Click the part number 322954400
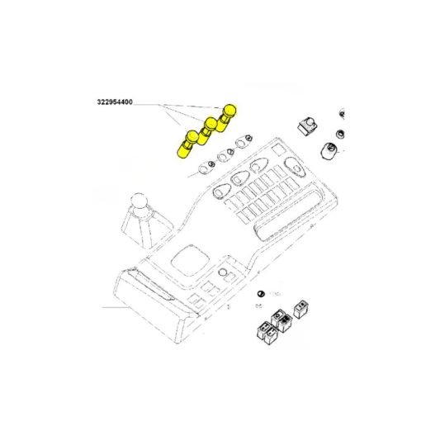tap(115, 102)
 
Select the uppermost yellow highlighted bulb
tap(226, 118)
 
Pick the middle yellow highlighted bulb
tap(208, 130)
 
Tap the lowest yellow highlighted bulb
tap(188, 144)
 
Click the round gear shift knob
tap(140, 203)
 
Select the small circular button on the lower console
tap(222, 272)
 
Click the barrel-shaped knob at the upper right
tap(329, 151)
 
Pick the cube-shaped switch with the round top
tap(307, 126)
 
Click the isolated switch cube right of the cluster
tap(300, 310)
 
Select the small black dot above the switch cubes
tap(260, 294)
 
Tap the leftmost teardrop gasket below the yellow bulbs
tap(204, 168)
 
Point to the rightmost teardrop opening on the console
tap(295, 166)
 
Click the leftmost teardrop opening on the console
tap(220, 191)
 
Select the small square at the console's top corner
tap(279, 150)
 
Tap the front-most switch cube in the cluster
tap(271, 336)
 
